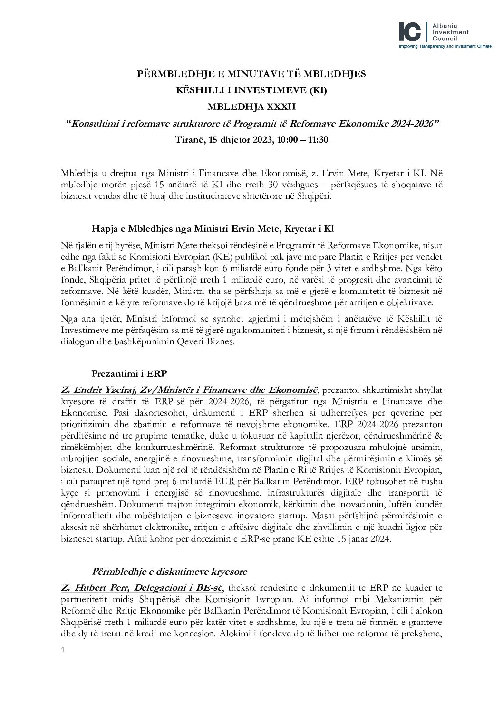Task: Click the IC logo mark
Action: click(410, 31)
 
